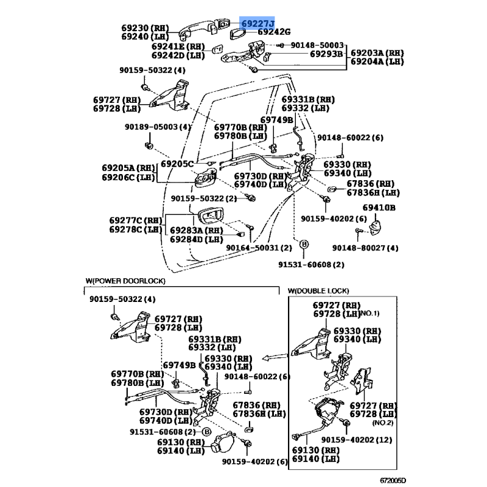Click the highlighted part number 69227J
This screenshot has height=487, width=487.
tap(258, 23)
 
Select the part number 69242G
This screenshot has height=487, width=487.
tap(274, 32)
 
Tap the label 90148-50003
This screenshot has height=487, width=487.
tap(317, 45)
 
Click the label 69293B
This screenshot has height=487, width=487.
tap(326, 54)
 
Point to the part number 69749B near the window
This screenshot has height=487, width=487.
tap(276, 120)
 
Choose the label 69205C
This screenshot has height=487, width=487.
tap(177, 164)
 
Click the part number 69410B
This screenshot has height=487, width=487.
tap(379, 208)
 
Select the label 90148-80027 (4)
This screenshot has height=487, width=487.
tap(365, 248)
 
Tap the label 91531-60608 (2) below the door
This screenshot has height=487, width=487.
tap(311, 265)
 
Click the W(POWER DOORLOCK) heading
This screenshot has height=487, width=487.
tap(125, 281)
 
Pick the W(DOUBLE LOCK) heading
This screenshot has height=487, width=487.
tap(318, 291)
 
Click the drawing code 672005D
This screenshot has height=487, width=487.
tap(393, 480)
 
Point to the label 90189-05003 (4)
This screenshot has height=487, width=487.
tap(158, 127)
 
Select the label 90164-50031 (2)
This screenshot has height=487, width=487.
tap(259, 248)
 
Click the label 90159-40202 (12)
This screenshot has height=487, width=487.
tap(357, 440)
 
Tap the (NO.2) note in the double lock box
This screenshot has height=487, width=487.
tap(383, 422)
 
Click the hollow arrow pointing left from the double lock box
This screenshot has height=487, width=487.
tap(275, 357)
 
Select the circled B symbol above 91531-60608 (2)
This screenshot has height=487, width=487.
tap(304, 245)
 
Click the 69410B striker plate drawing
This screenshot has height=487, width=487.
tap(376, 228)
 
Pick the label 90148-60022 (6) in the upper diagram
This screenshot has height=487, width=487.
tap(351, 138)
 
